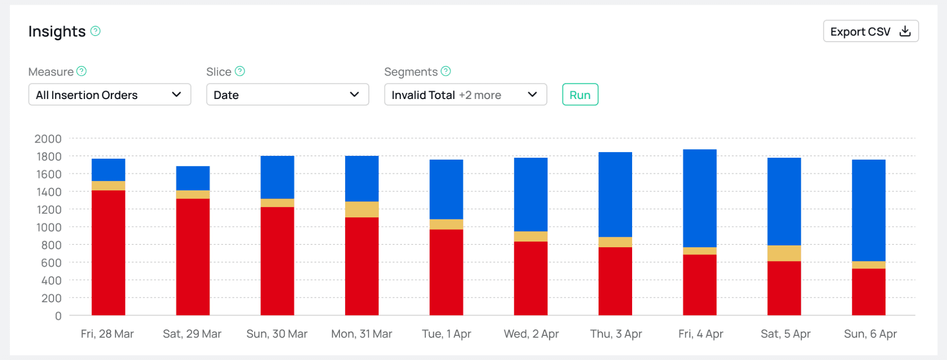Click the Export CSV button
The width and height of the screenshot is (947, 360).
click(x=870, y=31)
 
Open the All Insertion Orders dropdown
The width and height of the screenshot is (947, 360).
click(x=109, y=95)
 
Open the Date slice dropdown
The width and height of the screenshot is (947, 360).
click(x=287, y=95)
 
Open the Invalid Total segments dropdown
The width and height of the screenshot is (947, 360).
click(x=465, y=95)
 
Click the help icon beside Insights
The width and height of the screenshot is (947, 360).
click(x=96, y=31)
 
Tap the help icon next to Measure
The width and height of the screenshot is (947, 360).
click(x=81, y=71)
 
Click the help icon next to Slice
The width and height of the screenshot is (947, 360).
click(x=240, y=71)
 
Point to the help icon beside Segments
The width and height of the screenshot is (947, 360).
click(x=446, y=71)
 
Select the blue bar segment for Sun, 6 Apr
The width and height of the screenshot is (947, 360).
click(x=868, y=210)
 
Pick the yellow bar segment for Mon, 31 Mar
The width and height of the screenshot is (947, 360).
click(x=362, y=209)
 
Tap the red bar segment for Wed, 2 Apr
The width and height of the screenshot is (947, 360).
click(x=531, y=278)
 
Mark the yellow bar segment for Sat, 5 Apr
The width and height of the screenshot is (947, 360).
click(x=784, y=253)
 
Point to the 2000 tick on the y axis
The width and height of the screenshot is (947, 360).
click(x=48, y=139)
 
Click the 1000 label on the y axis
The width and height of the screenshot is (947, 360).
click(x=49, y=227)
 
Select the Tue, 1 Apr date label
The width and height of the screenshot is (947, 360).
click(x=447, y=334)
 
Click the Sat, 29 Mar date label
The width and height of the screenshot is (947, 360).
click(x=192, y=334)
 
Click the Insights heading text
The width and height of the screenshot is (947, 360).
click(x=57, y=31)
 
